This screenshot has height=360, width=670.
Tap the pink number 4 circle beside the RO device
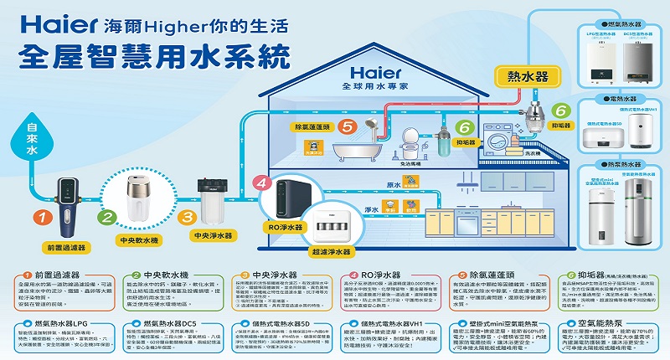[261, 183]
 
